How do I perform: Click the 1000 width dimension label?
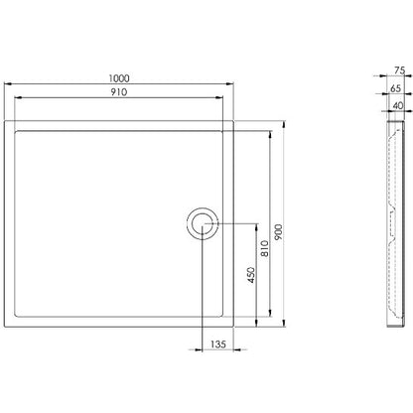tap(119, 78)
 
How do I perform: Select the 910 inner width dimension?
tap(119, 92)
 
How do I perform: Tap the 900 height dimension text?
tap(279, 232)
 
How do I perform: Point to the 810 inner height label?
tap(265, 248)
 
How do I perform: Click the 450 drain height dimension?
tap(251, 275)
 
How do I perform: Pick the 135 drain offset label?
tap(218, 344)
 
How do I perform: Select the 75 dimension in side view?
tap(400, 70)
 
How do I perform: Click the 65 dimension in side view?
tap(395, 88)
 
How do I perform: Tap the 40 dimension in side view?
tap(398, 105)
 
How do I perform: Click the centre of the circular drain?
tap(203, 223)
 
